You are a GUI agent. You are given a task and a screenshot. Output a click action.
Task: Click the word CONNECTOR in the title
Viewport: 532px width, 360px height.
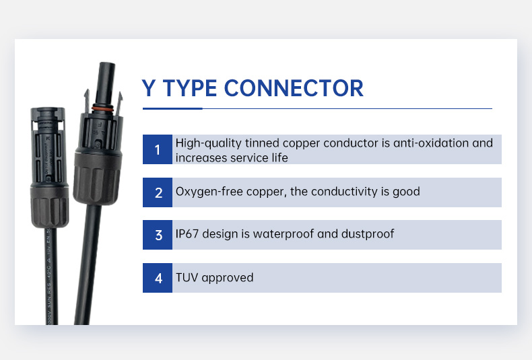click(x=294, y=88)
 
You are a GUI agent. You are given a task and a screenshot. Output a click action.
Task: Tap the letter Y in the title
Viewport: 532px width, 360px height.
click(x=149, y=88)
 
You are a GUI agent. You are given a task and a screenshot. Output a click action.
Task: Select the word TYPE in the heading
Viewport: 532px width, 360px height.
click(x=190, y=88)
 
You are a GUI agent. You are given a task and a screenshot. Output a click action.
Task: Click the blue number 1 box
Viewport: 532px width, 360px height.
click(x=158, y=149)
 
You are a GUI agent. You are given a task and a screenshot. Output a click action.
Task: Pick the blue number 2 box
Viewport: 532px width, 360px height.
click(x=158, y=192)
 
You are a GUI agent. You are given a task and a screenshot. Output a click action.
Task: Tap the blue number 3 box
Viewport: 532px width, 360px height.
click(x=158, y=235)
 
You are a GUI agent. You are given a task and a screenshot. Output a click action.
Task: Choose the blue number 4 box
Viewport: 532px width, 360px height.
click(x=158, y=278)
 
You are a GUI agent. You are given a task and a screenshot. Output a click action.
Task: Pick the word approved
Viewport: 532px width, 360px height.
click(x=228, y=279)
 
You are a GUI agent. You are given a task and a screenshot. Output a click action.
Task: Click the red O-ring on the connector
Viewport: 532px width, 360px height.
click(x=102, y=109)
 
